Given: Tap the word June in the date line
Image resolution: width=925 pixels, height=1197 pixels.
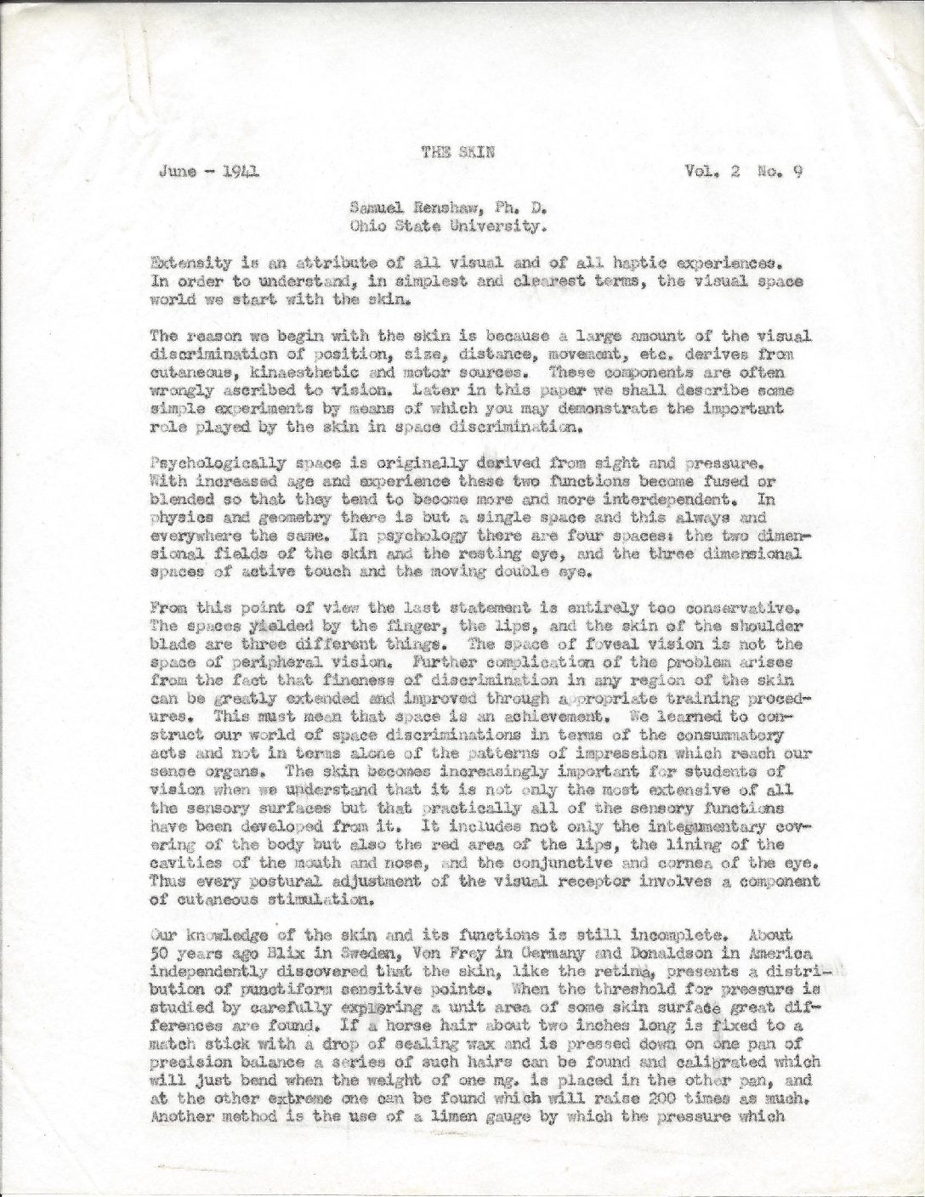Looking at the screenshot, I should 175,170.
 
